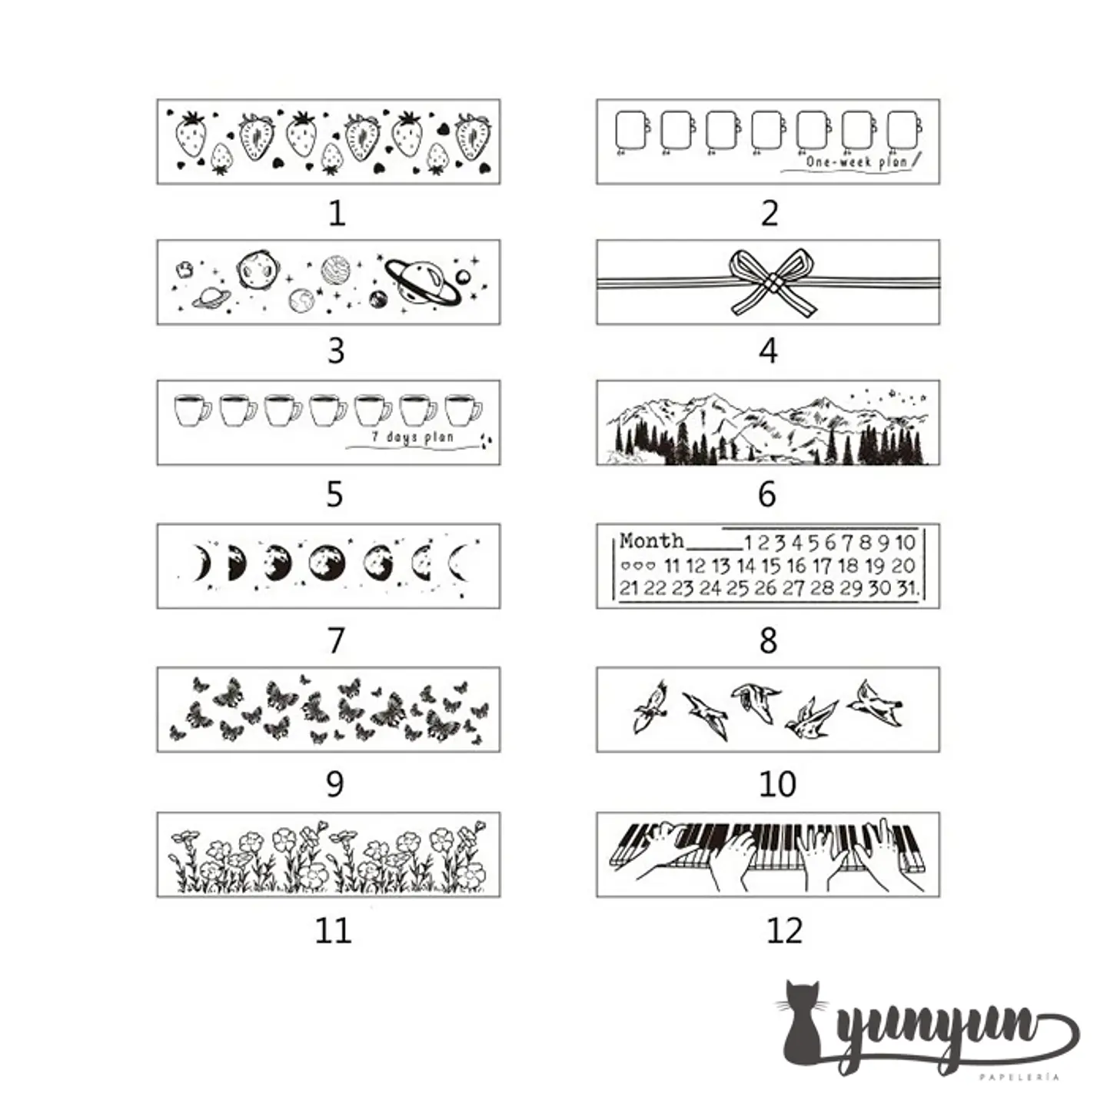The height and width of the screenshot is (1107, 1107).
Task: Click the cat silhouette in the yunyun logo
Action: [803, 1031]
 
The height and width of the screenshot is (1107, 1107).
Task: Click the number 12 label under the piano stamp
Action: [785, 930]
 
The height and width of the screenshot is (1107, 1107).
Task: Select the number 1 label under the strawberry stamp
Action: [337, 213]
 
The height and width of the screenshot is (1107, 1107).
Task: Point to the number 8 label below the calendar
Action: [769, 640]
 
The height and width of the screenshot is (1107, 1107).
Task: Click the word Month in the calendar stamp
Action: [651, 540]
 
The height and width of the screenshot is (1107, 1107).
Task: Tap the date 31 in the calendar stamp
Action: [907, 588]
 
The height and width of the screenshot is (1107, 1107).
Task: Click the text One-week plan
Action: [856, 161]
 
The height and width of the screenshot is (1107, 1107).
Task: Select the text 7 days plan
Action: [412, 437]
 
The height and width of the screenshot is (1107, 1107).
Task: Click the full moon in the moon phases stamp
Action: [327, 563]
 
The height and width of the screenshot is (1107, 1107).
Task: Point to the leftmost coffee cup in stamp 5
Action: [192, 411]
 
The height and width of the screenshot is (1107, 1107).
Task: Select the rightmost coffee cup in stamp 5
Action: [463, 411]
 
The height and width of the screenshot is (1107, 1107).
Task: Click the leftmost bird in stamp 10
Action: [650, 706]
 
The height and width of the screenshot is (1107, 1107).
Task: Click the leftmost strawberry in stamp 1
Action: [191, 135]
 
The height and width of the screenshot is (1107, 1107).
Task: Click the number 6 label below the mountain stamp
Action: [767, 494]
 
